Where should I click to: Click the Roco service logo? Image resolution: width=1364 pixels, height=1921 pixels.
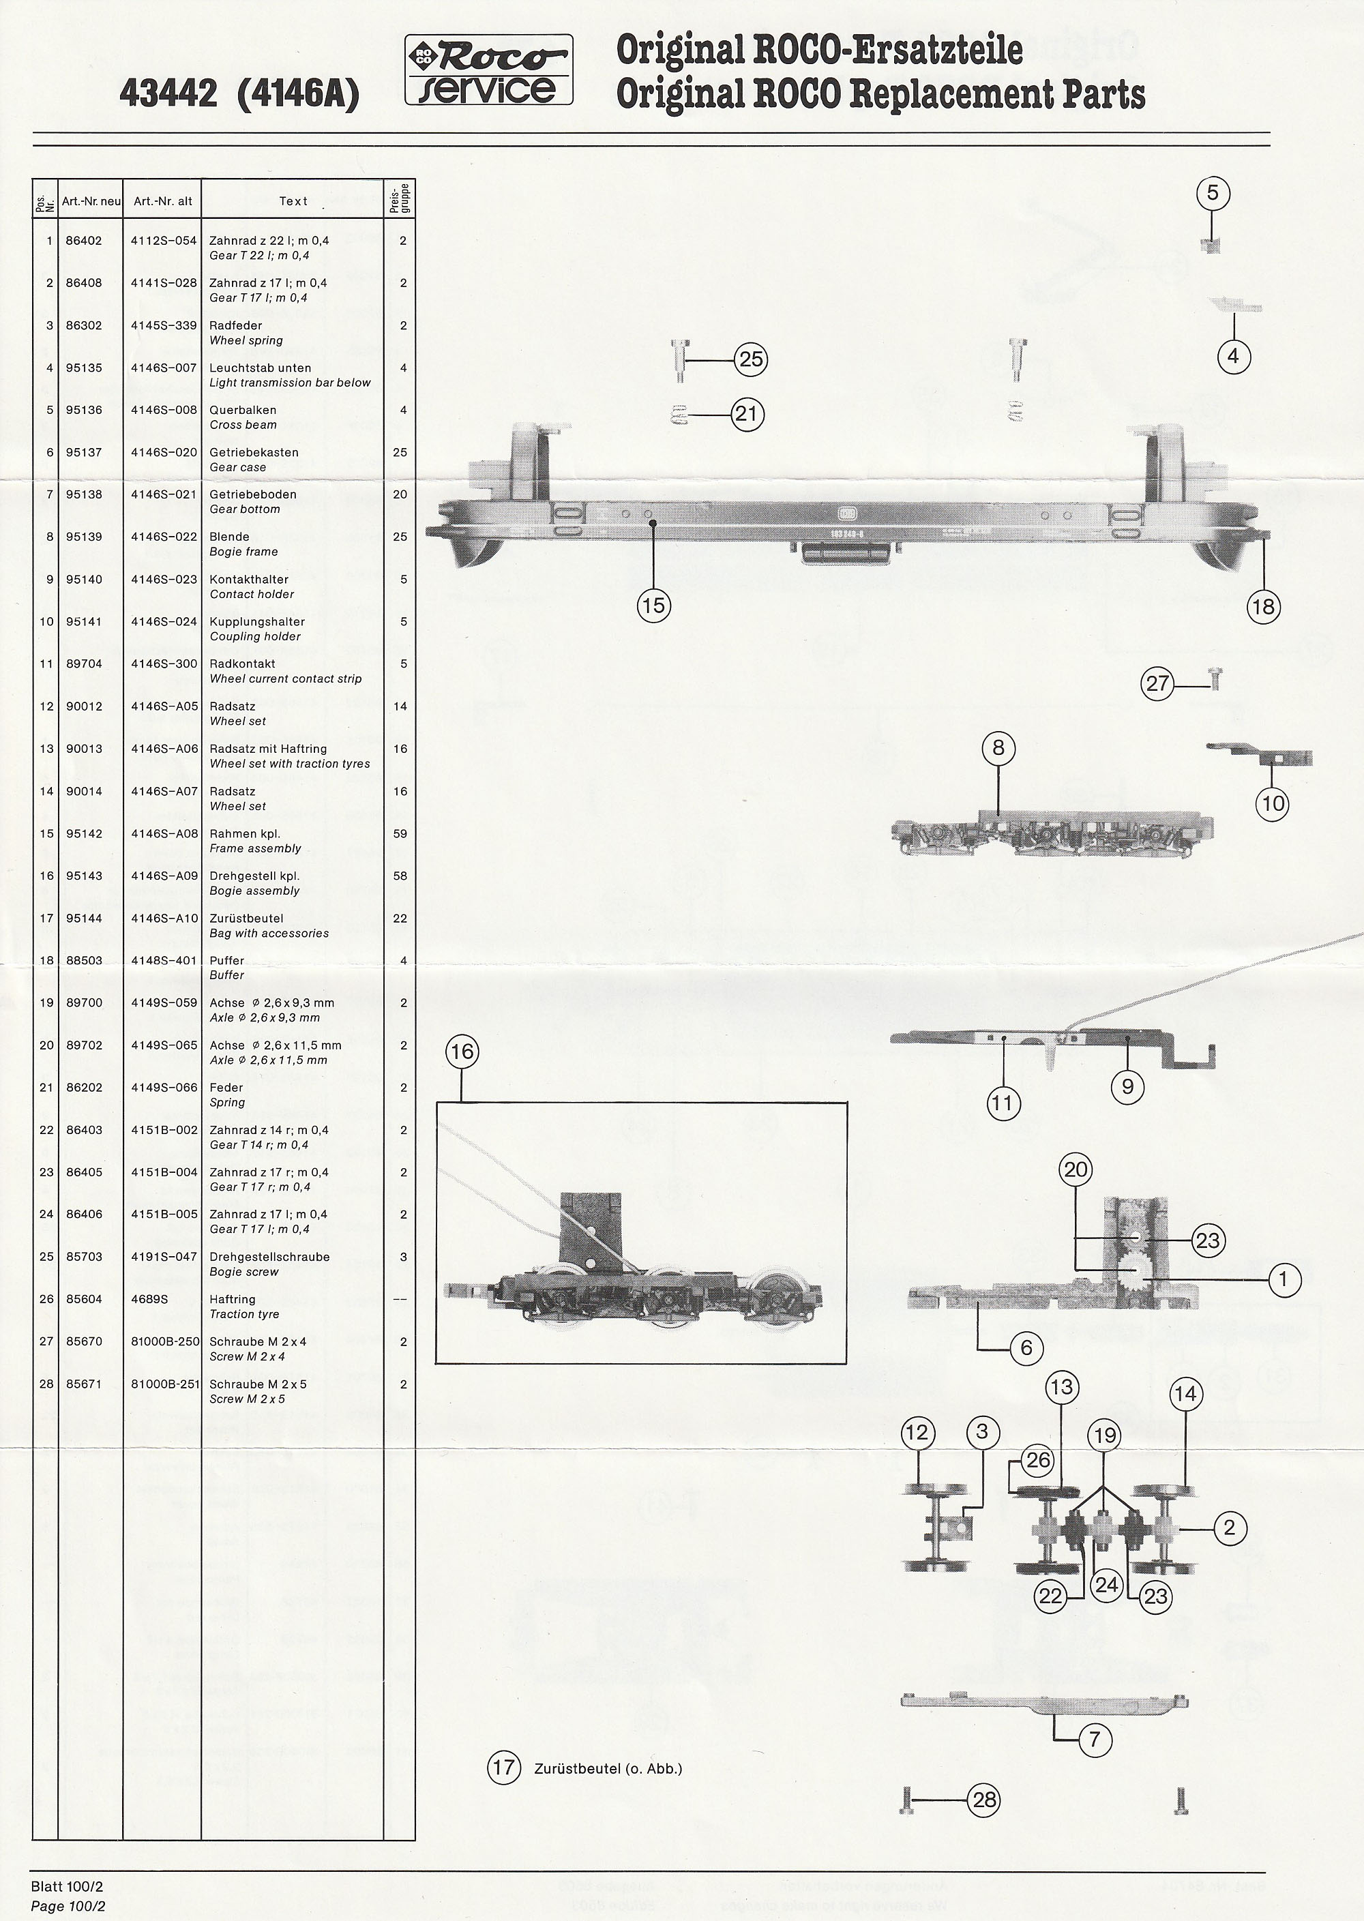pyautogui.click(x=489, y=70)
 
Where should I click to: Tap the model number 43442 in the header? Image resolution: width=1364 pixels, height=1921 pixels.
pyautogui.click(x=168, y=94)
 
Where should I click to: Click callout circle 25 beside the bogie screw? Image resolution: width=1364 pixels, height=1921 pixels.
pyautogui.click(x=750, y=360)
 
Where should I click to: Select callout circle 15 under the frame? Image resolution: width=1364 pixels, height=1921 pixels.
pyautogui.click(x=653, y=606)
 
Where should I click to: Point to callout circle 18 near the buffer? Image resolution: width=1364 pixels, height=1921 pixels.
pyautogui.click(x=1263, y=606)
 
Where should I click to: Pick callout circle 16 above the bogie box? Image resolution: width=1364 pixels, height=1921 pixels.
pyautogui.click(x=462, y=1052)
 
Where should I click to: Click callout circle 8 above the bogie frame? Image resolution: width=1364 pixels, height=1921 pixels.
pyautogui.click(x=998, y=748)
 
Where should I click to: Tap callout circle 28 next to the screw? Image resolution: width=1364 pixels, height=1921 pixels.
pyautogui.click(x=984, y=1799)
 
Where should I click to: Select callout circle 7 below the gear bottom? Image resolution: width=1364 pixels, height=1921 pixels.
pyautogui.click(x=1095, y=1739)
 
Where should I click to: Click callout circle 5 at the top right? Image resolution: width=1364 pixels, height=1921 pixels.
pyautogui.click(x=1212, y=194)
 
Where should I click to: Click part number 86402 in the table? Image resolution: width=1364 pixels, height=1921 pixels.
pyautogui.click(x=84, y=241)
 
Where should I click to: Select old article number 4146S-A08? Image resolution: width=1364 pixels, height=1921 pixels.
pyautogui.click(x=164, y=834)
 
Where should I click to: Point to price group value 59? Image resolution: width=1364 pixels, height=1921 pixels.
pyautogui.click(x=400, y=834)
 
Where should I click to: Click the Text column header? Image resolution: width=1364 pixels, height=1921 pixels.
pyautogui.click(x=293, y=201)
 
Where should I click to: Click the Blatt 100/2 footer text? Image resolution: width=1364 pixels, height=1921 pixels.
pyautogui.click(x=68, y=1887)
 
